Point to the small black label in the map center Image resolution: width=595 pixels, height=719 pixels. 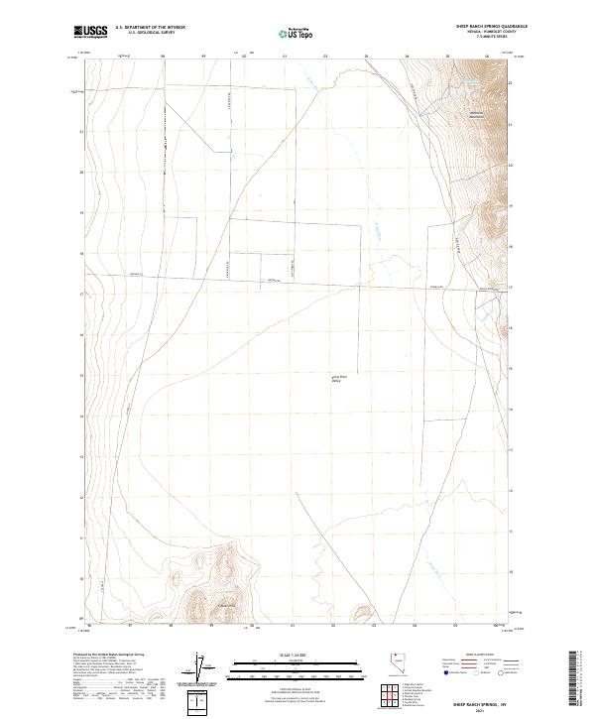click(338, 378)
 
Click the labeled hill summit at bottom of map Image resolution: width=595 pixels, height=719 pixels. click(226, 606)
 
